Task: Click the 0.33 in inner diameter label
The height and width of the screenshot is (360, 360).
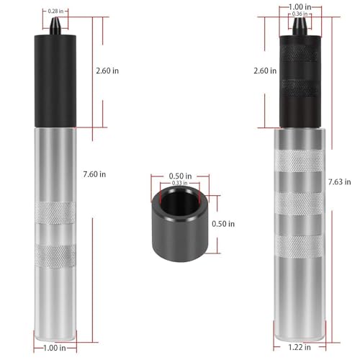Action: [179, 184]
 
